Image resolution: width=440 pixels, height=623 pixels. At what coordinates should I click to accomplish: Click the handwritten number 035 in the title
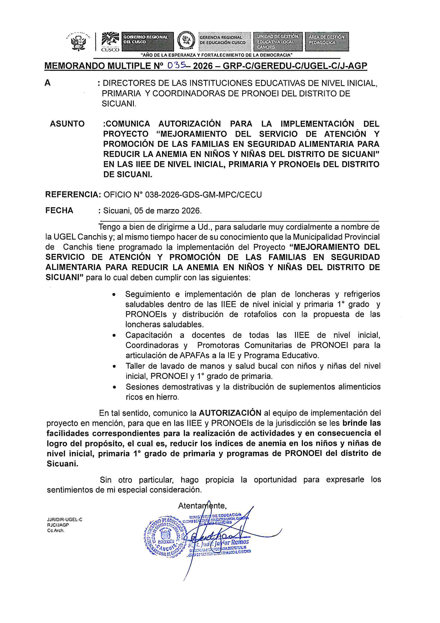click(176, 65)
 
